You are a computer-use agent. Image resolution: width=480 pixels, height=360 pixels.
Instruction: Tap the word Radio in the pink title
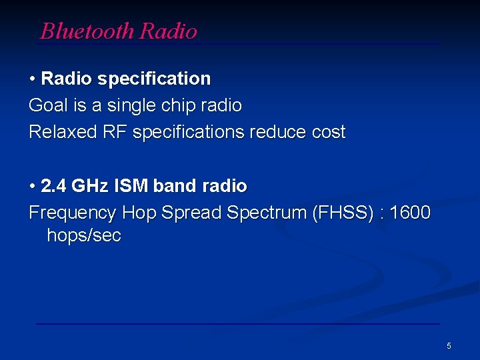pos(169,31)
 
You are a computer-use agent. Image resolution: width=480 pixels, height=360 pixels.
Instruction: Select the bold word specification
pos(154,79)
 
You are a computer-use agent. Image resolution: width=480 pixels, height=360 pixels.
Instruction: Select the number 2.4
pos(53,185)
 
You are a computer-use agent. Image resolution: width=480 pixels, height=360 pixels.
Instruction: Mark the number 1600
pos(411,213)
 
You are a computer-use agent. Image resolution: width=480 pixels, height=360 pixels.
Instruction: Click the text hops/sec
pos(84,236)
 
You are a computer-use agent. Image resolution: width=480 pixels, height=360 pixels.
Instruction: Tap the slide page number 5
pos(449,345)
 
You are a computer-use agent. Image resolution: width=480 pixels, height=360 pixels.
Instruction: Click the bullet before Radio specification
pos(33,79)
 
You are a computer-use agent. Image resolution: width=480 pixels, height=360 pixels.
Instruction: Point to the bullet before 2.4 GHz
pos(33,186)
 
